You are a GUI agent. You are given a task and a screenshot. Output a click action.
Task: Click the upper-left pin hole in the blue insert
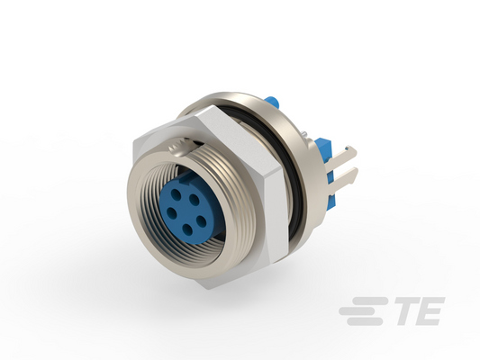pos(176,193)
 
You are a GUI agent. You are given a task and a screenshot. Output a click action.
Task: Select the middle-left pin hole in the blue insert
pos(172,211)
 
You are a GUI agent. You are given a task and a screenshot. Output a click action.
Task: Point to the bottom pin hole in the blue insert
pos(187,228)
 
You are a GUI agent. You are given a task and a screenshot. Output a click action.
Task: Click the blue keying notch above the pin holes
pos(185,182)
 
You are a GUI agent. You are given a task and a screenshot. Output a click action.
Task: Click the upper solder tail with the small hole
pos(345,154)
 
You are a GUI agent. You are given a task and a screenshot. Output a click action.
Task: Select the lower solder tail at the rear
pos(345,175)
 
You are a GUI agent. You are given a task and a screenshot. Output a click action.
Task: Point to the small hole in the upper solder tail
pos(346,149)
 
